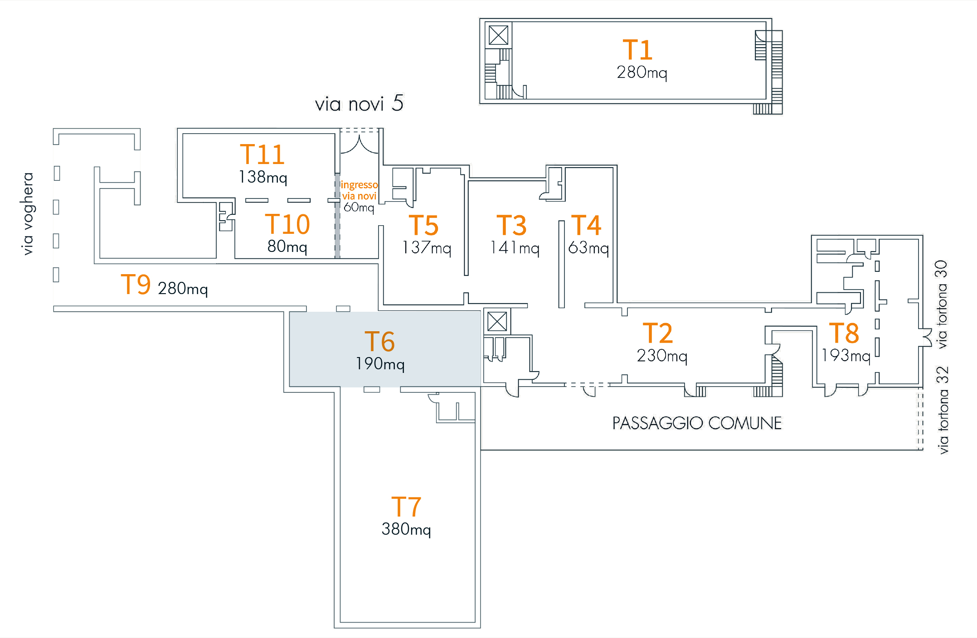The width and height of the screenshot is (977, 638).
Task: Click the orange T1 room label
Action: click(x=637, y=50)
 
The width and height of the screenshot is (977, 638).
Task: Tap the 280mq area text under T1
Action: click(x=642, y=72)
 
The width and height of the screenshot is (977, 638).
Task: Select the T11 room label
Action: click(x=262, y=155)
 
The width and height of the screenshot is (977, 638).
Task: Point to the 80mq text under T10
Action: click(x=287, y=246)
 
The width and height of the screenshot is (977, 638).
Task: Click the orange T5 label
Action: click(x=423, y=225)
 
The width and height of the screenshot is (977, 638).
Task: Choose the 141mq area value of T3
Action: click(x=515, y=248)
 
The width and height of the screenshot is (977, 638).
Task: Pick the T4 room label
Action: click(x=586, y=225)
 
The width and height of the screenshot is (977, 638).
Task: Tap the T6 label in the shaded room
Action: click(x=379, y=341)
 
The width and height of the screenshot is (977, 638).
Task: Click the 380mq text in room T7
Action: click(x=406, y=529)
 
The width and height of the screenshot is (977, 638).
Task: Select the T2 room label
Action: click(x=657, y=333)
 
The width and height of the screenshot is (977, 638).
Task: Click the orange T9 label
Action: click(x=136, y=285)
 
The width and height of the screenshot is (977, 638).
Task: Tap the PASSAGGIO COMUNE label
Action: click(x=697, y=423)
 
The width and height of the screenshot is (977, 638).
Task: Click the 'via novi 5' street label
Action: click(x=359, y=104)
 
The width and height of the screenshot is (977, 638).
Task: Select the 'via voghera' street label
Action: click(x=28, y=213)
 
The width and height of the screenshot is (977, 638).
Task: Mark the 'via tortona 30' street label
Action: click(x=942, y=304)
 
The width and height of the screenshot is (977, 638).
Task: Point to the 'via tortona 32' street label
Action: click(x=943, y=410)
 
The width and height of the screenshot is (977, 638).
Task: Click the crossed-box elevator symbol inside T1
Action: click(x=498, y=35)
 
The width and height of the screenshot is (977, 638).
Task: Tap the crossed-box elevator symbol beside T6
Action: click(x=497, y=322)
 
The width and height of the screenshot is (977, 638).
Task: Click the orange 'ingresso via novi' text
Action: click(x=359, y=190)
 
